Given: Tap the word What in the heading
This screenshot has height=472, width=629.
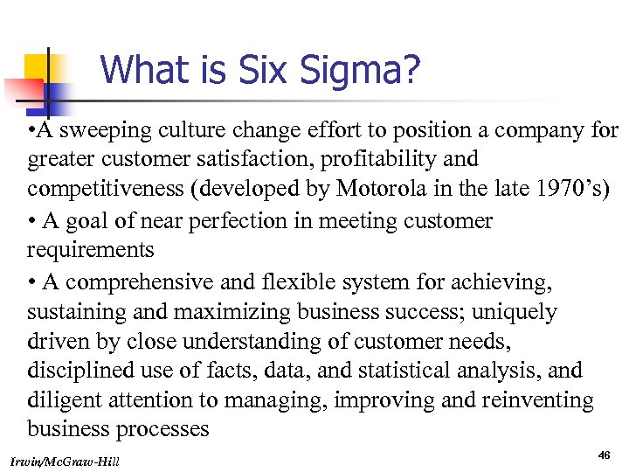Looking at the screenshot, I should (142, 70).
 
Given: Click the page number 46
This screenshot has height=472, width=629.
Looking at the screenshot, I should (604, 455).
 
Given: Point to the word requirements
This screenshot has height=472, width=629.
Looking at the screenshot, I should (90, 251).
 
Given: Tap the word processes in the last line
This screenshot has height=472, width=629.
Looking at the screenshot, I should (162, 430).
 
